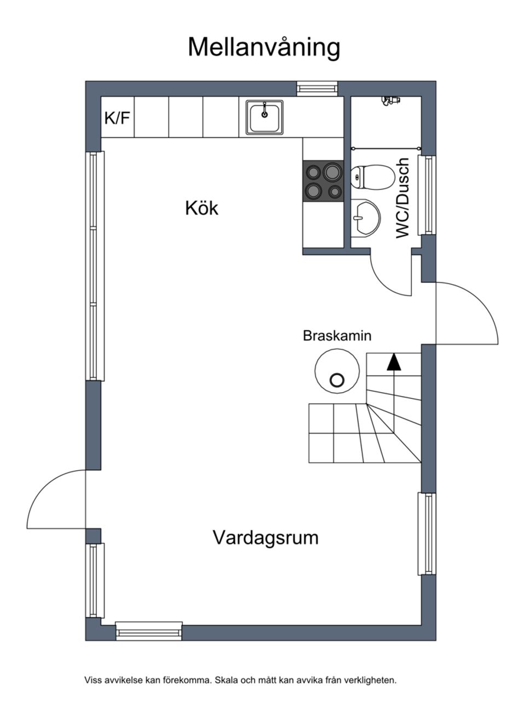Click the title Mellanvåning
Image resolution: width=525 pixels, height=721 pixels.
pyautogui.click(x=264, y=47)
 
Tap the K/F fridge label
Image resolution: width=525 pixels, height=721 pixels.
pyautogui.click(x=118, y=117)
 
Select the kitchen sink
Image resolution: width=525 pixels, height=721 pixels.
pyautogui.click(x=265, y=117)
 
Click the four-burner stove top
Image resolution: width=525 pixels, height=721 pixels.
pyautogui.click(x=323, y=181)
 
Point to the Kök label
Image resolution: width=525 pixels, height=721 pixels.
pyautogui.click(x=201, y=208)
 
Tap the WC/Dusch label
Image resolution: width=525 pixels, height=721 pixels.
pyautogui.click(x=403, y=198)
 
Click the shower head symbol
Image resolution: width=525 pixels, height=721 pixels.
pyautogui.click(x=390, y=101)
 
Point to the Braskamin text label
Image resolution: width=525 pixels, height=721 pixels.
pyautogui.click(x=337, y=335)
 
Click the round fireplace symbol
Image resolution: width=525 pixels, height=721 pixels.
pyautogui.click(x=337, y=371)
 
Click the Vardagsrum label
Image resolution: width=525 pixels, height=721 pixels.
pyautogui.click(x=265, y=537)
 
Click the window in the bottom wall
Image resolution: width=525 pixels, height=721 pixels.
pyautogui.click(x=149, y=631)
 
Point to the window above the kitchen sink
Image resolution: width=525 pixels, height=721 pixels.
pyautogui.click(x=318, y=88)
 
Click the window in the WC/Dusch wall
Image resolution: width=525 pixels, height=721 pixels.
pyautogui.click(x=427, y=194)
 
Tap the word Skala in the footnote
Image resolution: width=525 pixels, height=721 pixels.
pyautogui.click(x=226, y=681)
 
